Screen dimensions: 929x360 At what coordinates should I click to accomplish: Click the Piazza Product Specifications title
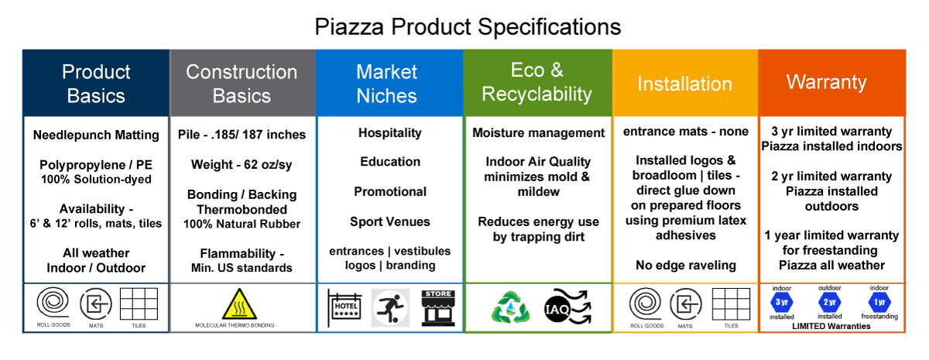point(468,27)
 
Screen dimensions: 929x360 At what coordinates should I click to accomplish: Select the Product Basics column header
point(96,84)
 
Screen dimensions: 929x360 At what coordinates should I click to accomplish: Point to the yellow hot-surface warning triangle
point(239,304)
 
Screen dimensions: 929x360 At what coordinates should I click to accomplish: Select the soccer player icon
point(390,308)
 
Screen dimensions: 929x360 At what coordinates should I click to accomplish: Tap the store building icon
point(438,307)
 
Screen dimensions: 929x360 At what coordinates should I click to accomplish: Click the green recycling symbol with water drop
point(510,308)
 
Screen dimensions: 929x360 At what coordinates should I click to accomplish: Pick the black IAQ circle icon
point(557,309)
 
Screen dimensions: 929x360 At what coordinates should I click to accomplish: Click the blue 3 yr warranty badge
point(781,302)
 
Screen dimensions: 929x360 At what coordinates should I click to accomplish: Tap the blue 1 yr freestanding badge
point(879,302)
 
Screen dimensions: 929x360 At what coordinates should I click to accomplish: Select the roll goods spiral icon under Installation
point(646,303)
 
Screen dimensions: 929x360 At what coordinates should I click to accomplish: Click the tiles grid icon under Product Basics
point(139,303)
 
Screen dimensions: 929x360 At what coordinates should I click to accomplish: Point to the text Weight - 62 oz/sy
point(242,165)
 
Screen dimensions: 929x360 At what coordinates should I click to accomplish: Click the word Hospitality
point(390,132)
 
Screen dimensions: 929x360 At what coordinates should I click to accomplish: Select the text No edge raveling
point(686,265)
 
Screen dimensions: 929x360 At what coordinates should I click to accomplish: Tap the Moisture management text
point(538,132)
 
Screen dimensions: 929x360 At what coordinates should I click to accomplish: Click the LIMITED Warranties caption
point(831,326)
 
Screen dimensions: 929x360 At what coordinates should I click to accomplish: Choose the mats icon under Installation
point(686,304)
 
